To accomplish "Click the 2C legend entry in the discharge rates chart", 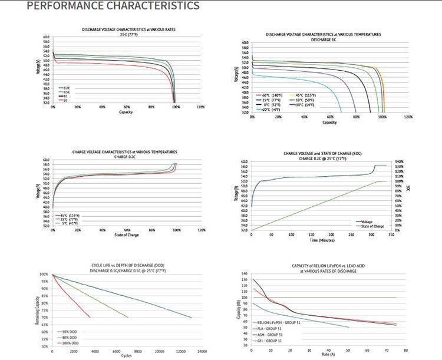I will pos(66,101).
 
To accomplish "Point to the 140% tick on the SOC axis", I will pos(398,161).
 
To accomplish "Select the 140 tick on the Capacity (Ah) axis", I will pos(246,274).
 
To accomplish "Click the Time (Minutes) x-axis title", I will pos(321,240).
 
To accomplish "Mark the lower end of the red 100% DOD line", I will pos(90,317).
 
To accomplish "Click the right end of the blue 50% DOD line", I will pos(192,317).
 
